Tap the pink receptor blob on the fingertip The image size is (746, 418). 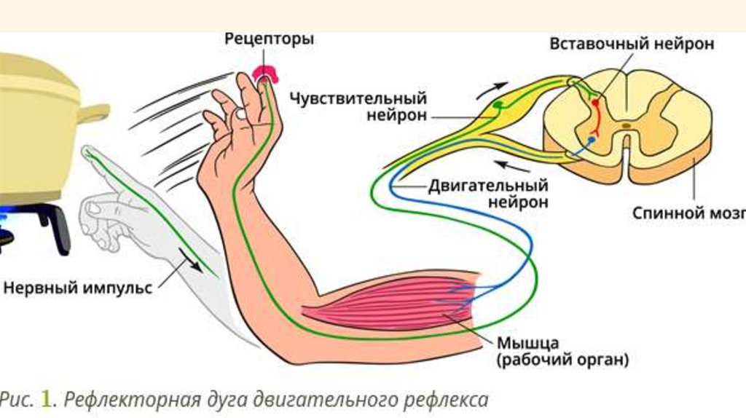pyautogui.click(x=267, y=74)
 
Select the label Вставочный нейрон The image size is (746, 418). pyautogui.click(x=632, y=44)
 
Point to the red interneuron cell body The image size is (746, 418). pyautogui.click(x=595, y=103)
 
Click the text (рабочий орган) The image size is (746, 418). pyautogui.click(x=562, y=359)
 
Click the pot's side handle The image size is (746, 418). pyautogui.click(x=95, y=113)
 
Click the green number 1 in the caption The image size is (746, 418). pyautogui.click(x=46, y=400)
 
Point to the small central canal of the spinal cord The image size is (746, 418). pyautogui.click(x=627, y=126)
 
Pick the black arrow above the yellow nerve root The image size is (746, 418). pyautogui.click(x=492, y=89)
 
